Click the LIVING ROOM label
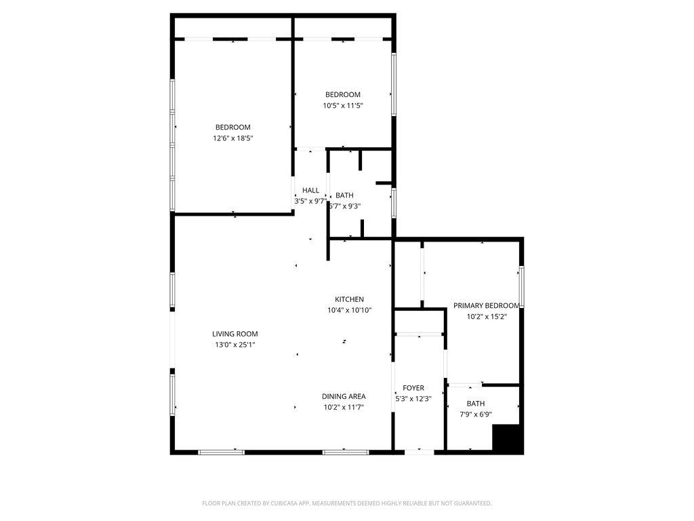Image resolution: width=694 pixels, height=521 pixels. [234, 334]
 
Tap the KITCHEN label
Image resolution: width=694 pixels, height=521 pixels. [349, 299]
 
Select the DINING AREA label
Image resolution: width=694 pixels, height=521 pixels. [344, 396]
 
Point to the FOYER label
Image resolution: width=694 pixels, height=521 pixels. [413, 388]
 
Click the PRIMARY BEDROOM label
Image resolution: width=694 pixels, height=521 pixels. [487, 305]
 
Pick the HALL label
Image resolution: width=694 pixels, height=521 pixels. [310, 191]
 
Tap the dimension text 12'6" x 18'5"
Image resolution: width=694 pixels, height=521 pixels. [233, 138]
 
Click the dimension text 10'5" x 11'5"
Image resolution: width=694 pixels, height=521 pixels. [343, 105]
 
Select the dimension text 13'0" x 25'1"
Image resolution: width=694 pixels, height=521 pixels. [234, 345]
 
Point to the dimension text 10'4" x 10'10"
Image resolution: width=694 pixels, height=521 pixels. [349, 310]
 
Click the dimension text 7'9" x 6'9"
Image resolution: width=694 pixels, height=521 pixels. [475, 414]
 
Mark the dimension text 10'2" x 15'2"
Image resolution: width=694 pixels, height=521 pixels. [487, 316]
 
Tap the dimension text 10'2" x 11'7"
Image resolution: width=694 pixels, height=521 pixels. [344, 407]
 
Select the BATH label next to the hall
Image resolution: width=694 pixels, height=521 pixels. [344, 195]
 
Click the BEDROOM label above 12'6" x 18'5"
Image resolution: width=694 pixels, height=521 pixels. [233, 127]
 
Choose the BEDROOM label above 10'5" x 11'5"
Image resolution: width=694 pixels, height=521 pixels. [343, 94]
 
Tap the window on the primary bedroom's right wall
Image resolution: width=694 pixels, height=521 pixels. [521, 287]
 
